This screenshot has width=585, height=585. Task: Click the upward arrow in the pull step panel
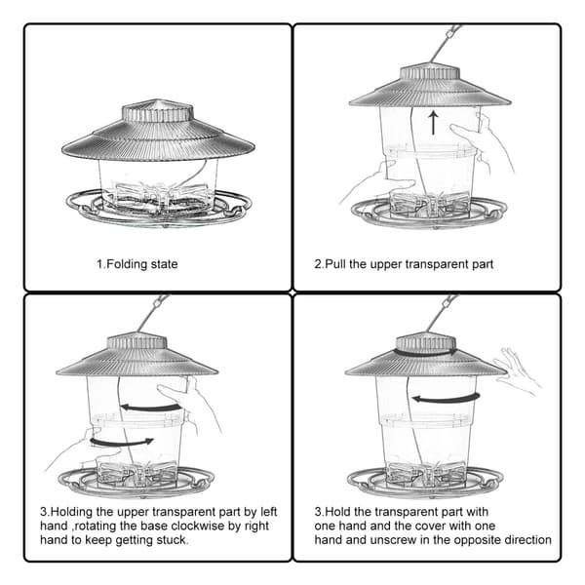433,123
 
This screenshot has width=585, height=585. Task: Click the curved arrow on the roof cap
425,352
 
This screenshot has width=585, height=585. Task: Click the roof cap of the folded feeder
157,111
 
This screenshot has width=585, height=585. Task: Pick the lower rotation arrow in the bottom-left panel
122,443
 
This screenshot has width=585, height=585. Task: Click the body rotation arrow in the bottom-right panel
446,399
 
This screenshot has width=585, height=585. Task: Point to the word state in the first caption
164,264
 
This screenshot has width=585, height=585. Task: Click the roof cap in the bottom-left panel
136,340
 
